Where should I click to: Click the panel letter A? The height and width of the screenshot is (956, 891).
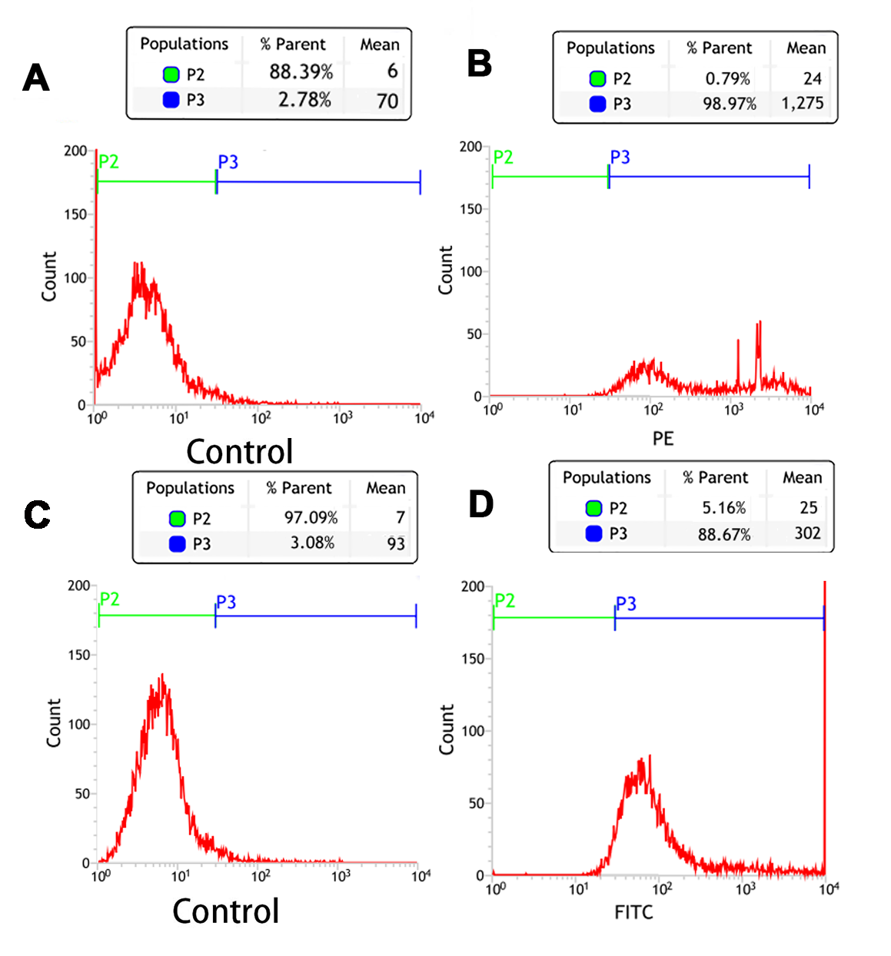pyautogui.click(x=36, y=78)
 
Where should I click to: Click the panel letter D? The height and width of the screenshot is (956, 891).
pyautogui.click(x=480, y=505)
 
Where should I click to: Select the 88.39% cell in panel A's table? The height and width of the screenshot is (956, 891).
pyautogui.click(x=301, y=72)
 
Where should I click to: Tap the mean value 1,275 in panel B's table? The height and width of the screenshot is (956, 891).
pyautogui.click(x=802, y=103)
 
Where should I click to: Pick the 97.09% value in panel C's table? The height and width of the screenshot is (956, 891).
pyautogui.click(x=311, y=518)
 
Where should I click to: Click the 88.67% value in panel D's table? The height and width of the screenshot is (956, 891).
pyautogui.click(x=723, y=534)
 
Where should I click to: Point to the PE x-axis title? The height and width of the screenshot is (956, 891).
pyautogui.click(x=663, y=439)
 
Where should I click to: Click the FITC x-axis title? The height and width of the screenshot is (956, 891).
pyautogui.click(x=633, y=912)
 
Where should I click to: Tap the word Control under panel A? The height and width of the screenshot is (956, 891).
pyautogui.click(x=239, y=452)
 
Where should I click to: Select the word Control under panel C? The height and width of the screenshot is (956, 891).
pyautogui.click(x=225, y=911)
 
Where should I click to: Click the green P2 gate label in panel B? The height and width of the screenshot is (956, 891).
pyautogui.click(x=503, y=158)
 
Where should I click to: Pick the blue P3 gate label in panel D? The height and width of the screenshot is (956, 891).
pyautogui.click(x=626, y=604)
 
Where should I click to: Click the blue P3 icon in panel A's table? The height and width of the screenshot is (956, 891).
pyautogui.click(x=171, y=100)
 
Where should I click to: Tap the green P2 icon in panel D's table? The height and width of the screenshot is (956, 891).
pyautogui.click(x=593, y=508)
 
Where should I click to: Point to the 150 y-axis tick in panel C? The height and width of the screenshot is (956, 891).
pyautogui.click(x=79, y=655)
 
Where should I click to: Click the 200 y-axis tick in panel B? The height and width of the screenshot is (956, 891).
pyautogui.click(x=470, y=147)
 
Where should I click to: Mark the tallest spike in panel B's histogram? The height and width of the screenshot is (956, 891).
pyautogui.click(x=760, y=323)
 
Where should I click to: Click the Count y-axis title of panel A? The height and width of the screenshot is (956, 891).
pyautogui.click(x=49, y=277)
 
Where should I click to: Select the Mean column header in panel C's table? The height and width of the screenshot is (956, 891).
pyautogui.click(x=385, y=488)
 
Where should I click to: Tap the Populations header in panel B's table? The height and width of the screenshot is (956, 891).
pyautogui.click(x=610, y=48)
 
